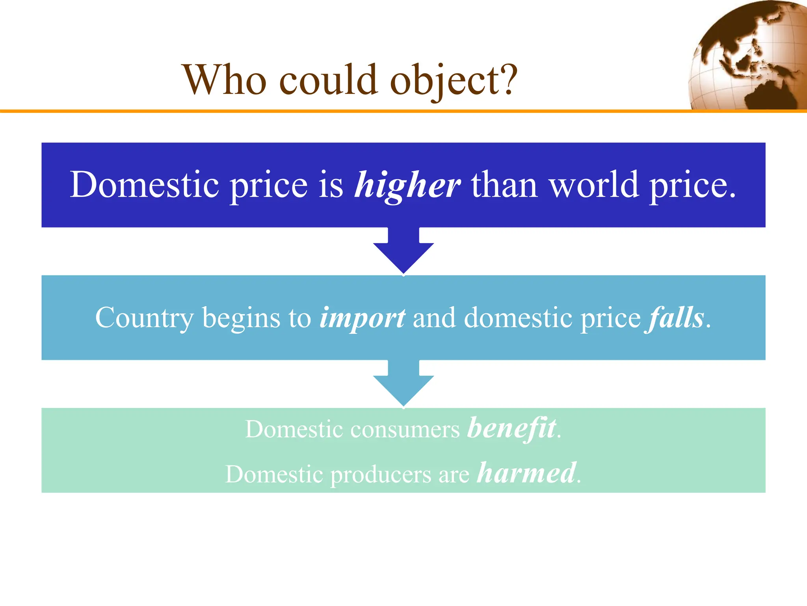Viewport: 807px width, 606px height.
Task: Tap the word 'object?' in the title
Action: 453,81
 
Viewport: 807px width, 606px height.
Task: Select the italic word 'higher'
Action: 407,185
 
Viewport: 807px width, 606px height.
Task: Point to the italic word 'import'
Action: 362,318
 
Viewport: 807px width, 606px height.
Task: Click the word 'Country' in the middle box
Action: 145,318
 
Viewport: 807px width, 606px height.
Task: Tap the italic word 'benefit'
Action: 512,428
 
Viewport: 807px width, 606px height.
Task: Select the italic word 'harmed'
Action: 527,473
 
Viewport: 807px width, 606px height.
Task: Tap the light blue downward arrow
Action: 403,384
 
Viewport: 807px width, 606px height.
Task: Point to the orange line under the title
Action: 315,111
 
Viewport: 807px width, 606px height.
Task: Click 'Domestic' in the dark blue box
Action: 144,185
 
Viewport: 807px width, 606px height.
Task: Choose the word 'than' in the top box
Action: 504,185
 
